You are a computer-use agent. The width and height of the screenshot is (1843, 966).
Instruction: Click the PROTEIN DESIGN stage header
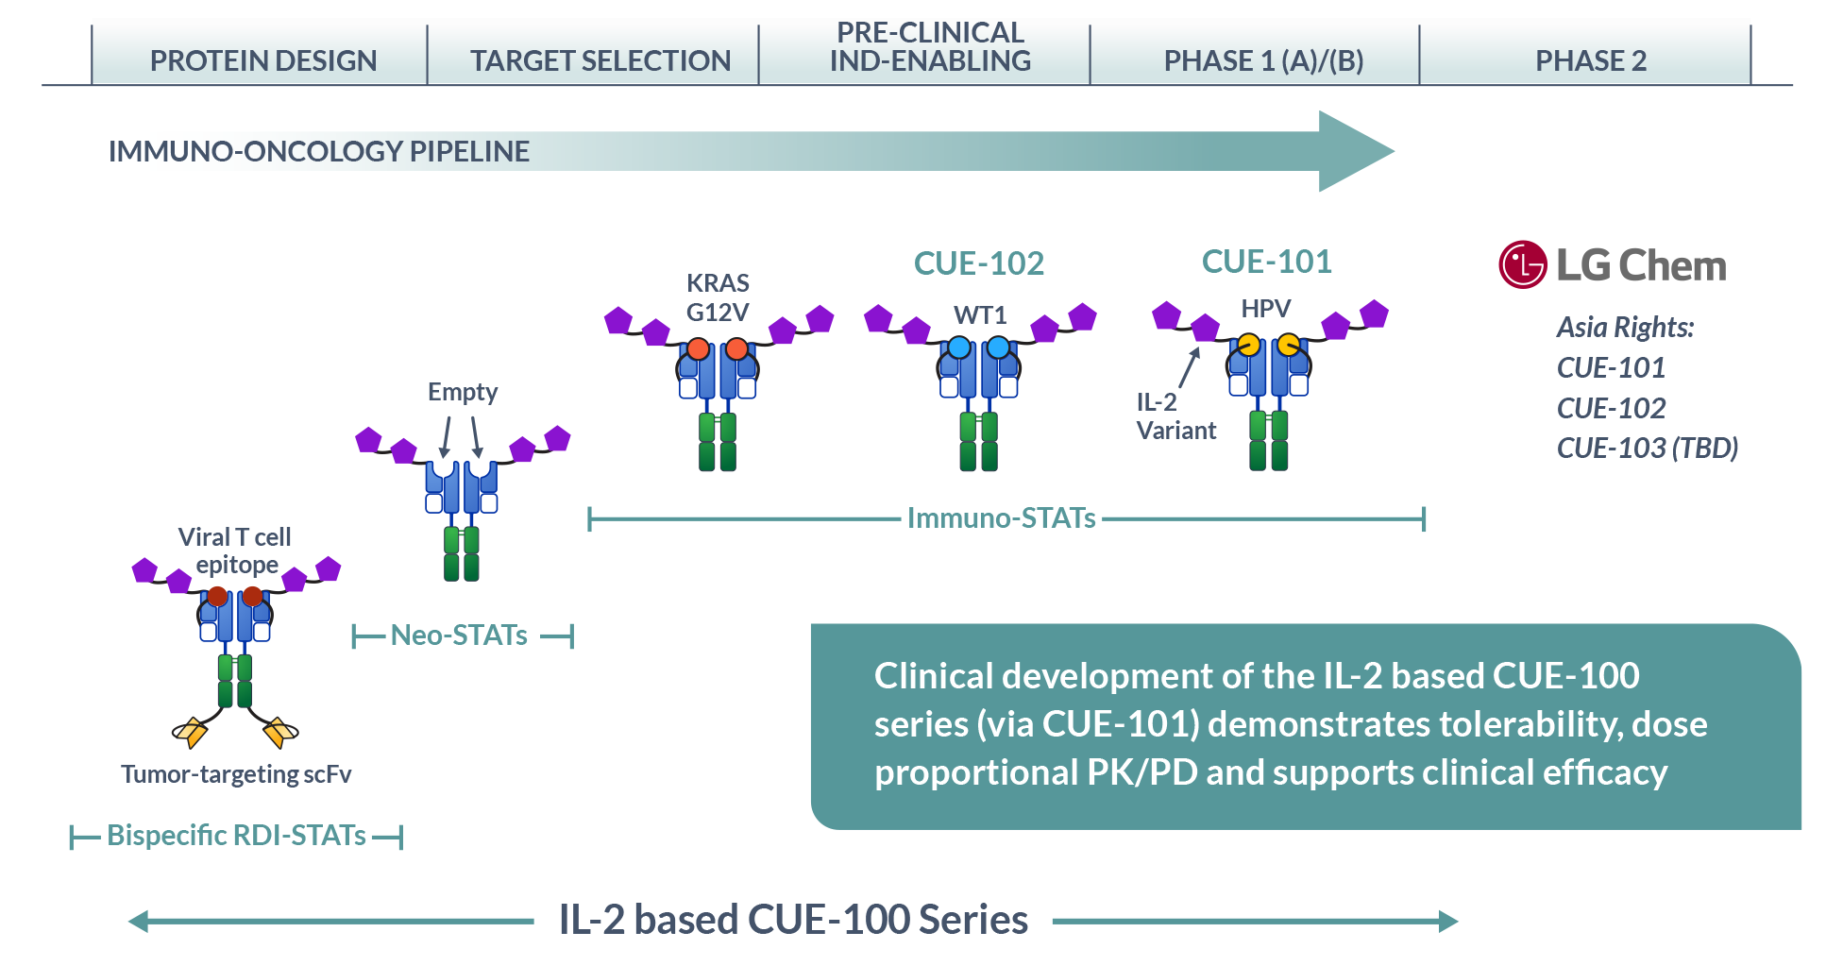pyautogui.click(x=262, y=60)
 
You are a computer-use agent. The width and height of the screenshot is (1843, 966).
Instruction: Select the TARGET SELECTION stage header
pyautogui.click(x=600, y=60)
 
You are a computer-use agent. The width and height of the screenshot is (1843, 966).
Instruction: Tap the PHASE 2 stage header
pyautogui.click(x=1590, y=60)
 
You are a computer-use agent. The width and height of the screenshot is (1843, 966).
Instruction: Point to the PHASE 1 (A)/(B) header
pyautogui.click(x=1263, y=60)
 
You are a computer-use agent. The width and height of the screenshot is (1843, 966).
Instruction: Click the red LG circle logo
pyautogui.click(x=1522, y=265)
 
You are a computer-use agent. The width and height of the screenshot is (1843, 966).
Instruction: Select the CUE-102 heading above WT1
pyautogui.click(x=978, y=263)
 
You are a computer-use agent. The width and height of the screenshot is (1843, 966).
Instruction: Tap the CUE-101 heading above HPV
pyautogui.click(x=1266, y=262)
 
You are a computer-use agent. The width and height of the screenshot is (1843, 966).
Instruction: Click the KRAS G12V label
pyautogui.click(x=718, y=297)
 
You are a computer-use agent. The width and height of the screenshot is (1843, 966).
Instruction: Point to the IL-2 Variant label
pyautogui.click(x=1175, y=416)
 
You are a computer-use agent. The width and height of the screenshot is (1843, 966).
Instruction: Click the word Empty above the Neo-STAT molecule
pyautogui.click(x=462, y=392)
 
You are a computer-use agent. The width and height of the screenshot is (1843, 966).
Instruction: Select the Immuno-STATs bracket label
pyautogui.click(x=1001, y=518)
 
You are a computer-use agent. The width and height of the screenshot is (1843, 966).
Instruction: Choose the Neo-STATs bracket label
pyautogui.click(x=459, y=636)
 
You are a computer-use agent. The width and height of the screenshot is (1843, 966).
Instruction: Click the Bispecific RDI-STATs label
pyautogui.click(x=236, y=836)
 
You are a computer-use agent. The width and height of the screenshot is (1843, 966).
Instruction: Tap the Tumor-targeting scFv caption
pyautogui.click(x=236, y=774)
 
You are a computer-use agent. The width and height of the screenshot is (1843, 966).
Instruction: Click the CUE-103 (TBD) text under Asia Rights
pyautogui.click(x=1647, y=448)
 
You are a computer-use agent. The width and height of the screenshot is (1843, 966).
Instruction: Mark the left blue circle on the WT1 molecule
pyautogui.click(x=959, y=347)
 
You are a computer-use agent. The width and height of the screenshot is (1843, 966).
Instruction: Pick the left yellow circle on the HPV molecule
pyautogui.click(x=1248, y=345)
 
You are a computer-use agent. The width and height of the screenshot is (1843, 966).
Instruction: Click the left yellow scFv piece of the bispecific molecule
pyautogui.click(x=191, y=731)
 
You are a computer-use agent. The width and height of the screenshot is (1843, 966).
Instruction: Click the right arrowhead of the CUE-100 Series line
pyautogui.click(x=1447, y=922)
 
